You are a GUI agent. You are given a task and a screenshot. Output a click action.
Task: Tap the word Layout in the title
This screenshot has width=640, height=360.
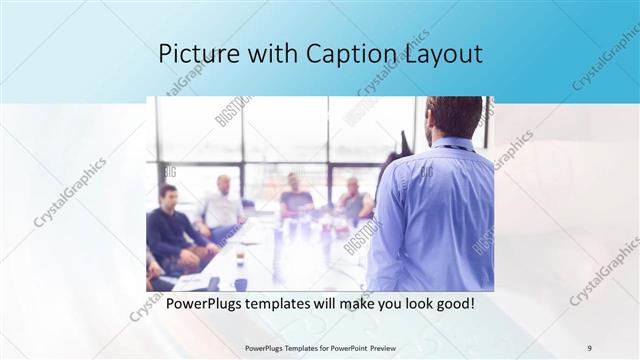click(x=441, y=54)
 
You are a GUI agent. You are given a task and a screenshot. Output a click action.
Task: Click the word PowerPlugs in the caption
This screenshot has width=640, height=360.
click(x=206, y=303)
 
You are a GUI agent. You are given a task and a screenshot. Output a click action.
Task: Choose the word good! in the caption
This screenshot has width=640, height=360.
click(x=450, y=303)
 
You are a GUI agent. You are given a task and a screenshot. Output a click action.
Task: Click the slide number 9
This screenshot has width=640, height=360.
click(x=589, y=347)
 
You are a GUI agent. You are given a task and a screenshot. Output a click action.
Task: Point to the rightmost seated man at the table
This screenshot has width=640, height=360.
click(x=353, y=199)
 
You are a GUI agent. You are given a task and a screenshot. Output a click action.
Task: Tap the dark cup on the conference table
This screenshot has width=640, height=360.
click(x=240, y=256)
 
